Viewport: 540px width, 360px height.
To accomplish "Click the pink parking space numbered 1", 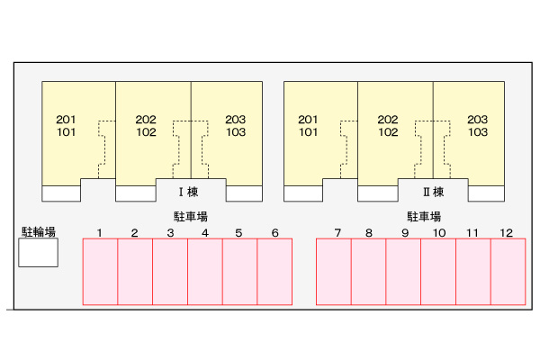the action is (x=100, y=272).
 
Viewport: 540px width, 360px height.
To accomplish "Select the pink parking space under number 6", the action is (x=274, y=272).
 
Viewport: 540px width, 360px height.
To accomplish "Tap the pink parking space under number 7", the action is (x=334, y=272).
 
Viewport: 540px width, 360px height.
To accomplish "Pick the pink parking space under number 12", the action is (x=508, y=272).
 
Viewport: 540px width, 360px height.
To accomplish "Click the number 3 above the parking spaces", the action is (x=170, y=233).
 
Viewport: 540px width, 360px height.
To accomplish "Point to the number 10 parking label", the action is (x=439, y=233).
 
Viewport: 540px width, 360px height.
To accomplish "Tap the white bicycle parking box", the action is (x=38, y=253).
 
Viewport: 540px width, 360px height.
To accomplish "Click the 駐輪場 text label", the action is (x=39, y=231).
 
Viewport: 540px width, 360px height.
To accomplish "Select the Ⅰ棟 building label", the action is (x=189, y=192).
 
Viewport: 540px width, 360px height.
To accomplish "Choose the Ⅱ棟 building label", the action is (x=434, y=192).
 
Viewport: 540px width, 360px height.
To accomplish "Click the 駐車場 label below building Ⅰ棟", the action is (x=191, y=217).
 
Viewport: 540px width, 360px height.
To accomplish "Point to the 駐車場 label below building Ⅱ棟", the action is (x=424, y=217).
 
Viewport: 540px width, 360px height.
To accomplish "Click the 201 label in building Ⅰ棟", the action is (x=66, y=120).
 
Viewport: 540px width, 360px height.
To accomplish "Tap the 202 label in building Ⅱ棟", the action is (x=388, y=120).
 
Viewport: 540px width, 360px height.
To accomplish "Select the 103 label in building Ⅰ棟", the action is (x=236, y=132).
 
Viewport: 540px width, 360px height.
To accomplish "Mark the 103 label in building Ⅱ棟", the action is (x=478, y=132).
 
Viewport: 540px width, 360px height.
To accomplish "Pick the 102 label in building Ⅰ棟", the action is (x=147, y=132).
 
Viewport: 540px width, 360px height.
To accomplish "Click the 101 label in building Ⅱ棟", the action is (x=308, y=132).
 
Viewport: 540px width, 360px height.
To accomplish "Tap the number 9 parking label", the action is (x=405, y=233).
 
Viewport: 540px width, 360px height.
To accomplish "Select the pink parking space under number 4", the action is (x=205, y=272).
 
